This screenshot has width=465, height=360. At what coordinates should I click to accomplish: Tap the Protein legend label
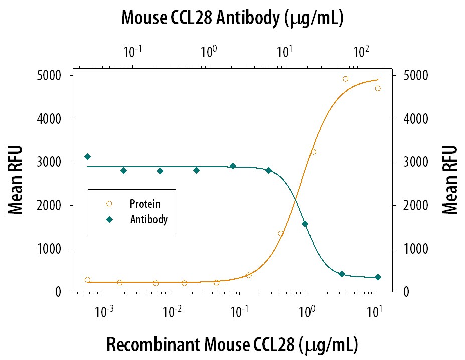tap(145, 204)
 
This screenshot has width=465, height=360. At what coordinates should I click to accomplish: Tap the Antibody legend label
tap(148, 219)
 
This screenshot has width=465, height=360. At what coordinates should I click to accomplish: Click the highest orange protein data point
tap(345, 79)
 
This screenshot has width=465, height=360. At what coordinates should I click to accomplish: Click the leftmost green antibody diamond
tap(87, 157)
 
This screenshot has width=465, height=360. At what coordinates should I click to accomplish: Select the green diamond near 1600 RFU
tap(305, 224)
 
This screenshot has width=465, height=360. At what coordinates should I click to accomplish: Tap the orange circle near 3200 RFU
tap(313, 152)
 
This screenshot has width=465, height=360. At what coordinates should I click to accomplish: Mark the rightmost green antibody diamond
tap(378, 277)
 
